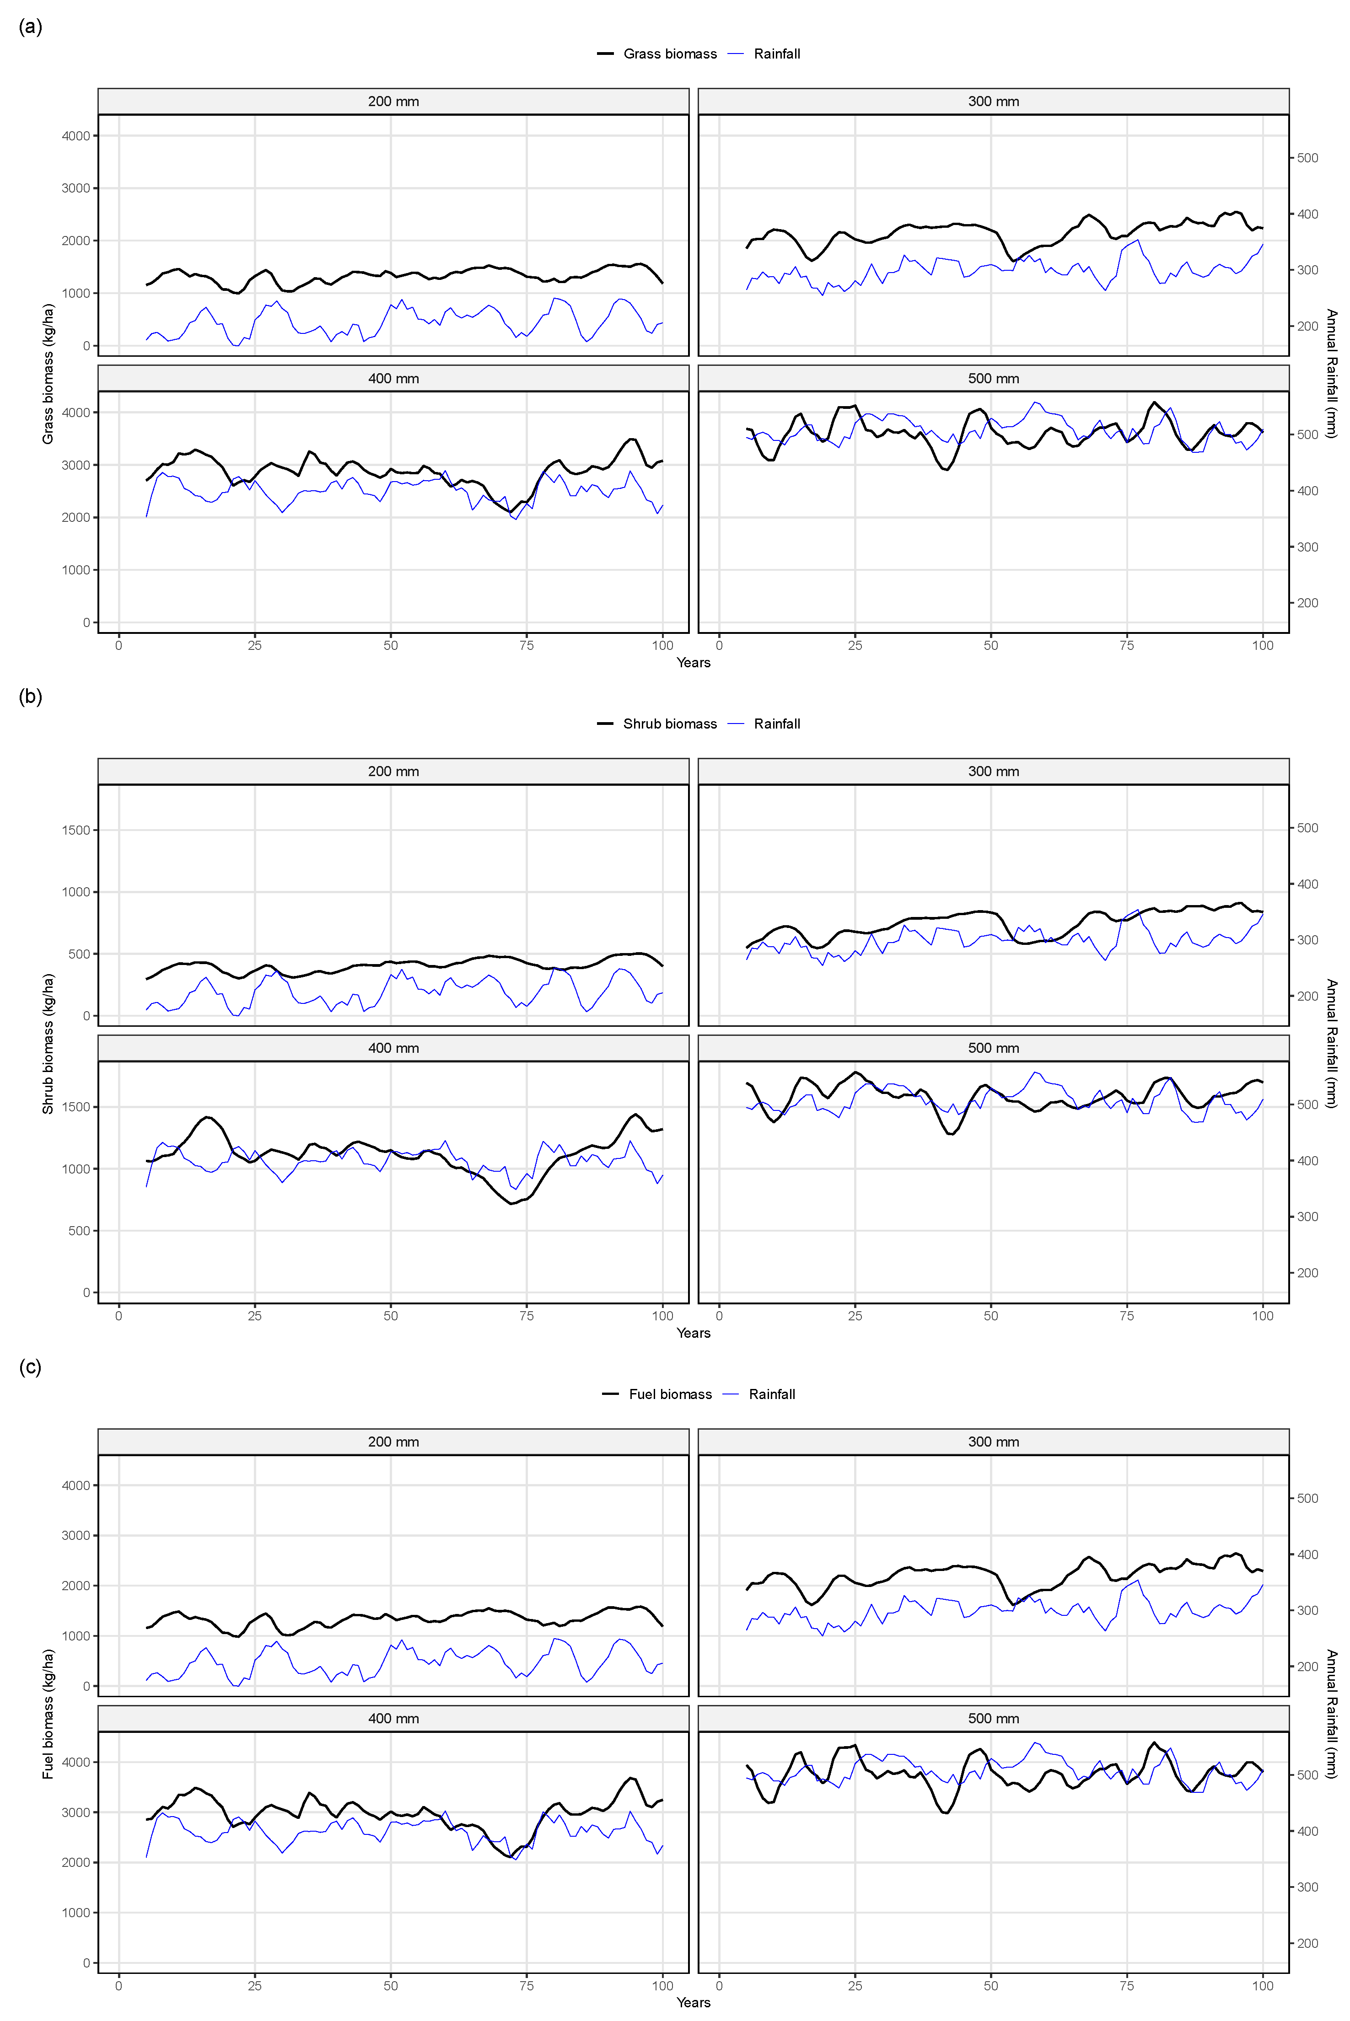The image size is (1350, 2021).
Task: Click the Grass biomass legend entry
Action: pyautogui.click(x=669, y=54)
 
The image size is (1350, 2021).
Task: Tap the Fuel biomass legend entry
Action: pyautogui.click(x=670, y=1394)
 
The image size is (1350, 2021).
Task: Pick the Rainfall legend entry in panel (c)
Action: pyautogui.click(x=771, y=1394)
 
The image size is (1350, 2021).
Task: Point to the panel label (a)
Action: pyautogui.click(x=30, y=27)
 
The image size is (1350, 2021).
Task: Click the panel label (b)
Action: pyautogui.click(x=30, y=697)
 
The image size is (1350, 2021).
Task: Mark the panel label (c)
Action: pyautogui.click(x=30, y=1367)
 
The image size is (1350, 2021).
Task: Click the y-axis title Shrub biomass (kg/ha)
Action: pyautogui.click(x=48, y=1043)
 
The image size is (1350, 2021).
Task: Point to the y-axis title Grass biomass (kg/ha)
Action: pyautogui.click(x=48, y=374)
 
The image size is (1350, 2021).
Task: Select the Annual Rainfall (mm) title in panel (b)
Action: pyautogui.click(x=1331, y=1043)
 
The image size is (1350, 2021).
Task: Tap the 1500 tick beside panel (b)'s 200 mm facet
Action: pyautogui.click(x=76, y=830)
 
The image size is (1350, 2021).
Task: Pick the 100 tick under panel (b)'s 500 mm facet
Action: pyautogui.click(x=1262, y=1315)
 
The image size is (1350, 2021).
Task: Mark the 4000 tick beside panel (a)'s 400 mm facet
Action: pyautogui.click(x=76, y=412)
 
